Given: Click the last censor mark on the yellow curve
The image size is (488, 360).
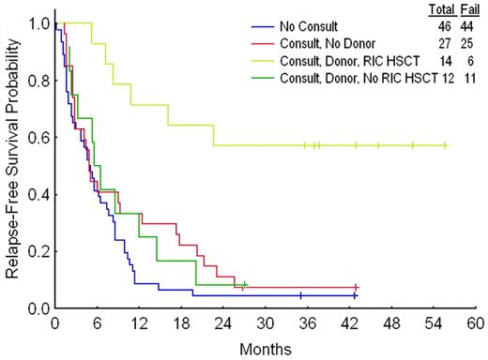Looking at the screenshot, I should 445,145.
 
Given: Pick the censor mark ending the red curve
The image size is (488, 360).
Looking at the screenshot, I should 357,287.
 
